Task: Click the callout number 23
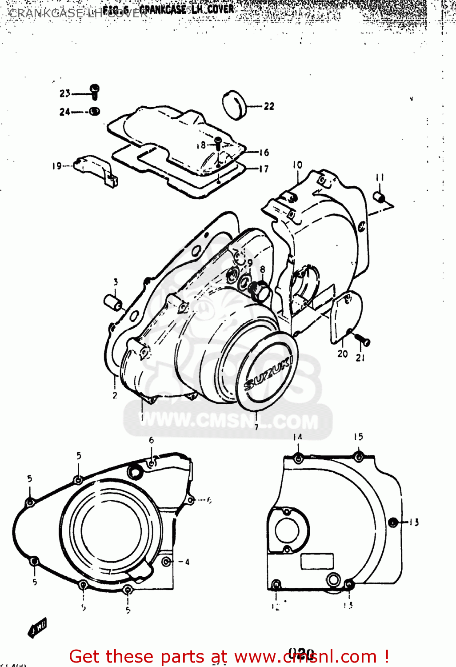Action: (65, 93)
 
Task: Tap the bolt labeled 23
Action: (95, 91)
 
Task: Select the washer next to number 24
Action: (94, 111)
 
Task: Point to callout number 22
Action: (269, 106)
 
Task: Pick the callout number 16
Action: (264, 153)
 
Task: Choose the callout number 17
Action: (264, 169)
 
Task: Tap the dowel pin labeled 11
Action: (379, 197)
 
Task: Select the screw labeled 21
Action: (363, 341)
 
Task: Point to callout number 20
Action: (342, 354)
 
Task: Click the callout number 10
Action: (297, 165)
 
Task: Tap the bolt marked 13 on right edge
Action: (392, 522)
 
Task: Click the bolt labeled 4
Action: (166, 562)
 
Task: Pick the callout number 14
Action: (297, 437)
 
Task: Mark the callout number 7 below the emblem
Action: (256, 427)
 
